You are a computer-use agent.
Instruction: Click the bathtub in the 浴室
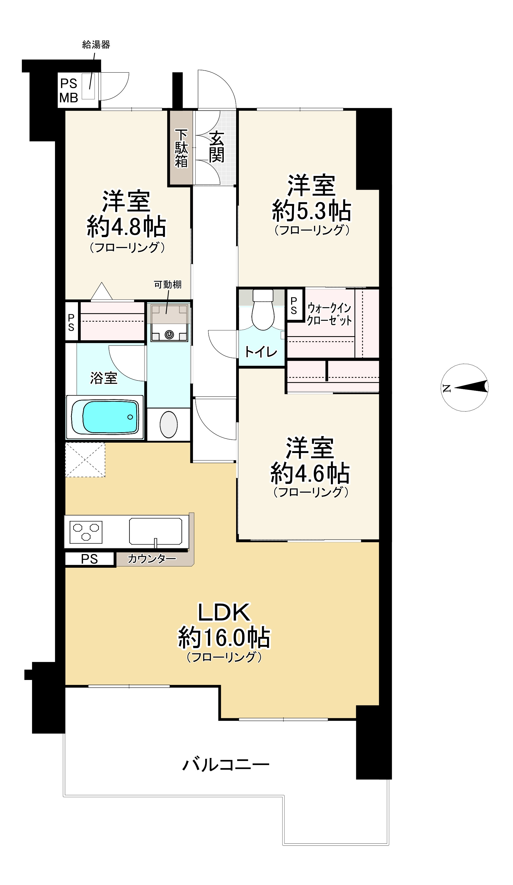coord(105,417)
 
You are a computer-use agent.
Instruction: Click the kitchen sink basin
coord(156,531)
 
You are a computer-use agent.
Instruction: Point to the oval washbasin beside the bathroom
coord(169,425)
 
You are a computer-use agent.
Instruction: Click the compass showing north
coord(465,387)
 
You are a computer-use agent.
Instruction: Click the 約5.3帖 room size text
coord(311,210)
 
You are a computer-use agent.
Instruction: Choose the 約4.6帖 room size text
coord(310,473)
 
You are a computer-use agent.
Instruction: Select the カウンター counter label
coord(152,558)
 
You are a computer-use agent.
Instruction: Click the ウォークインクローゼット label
coord(329,314)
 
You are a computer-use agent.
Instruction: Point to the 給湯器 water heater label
coord(96,45)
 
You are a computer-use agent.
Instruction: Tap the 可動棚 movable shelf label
coord(168,284)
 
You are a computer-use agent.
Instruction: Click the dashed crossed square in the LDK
coord(85,460)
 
